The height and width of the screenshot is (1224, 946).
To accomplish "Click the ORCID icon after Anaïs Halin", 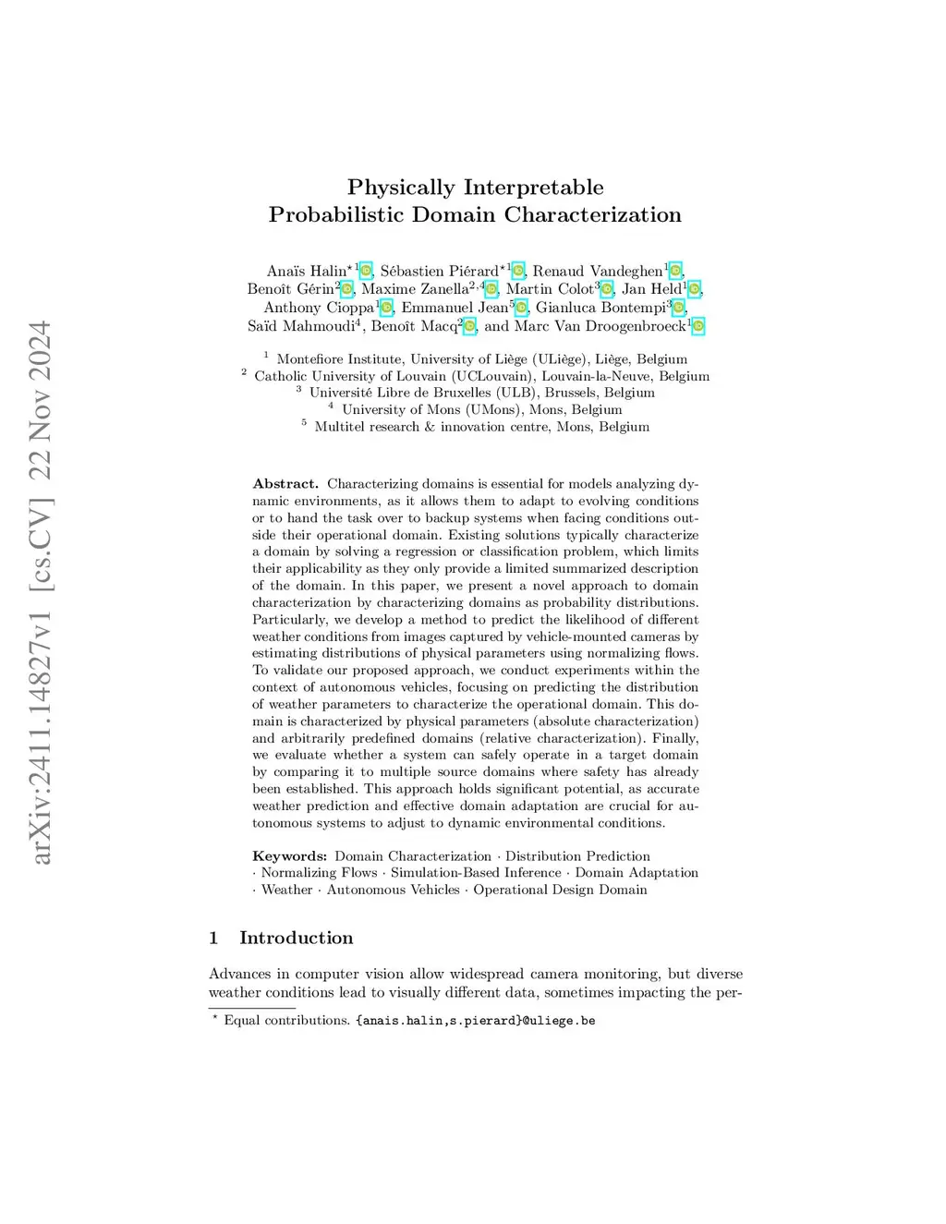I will click(x=366, y=271).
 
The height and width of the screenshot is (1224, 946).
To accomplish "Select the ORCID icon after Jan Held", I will click(x=694, y=289).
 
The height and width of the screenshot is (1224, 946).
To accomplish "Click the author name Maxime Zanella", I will click(x=415, y=289).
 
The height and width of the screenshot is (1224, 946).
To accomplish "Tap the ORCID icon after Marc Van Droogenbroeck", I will click(x=698, y=326).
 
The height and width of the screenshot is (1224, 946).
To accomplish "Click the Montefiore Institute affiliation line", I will click(x=481, y=359).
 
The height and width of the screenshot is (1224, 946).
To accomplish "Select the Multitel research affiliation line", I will click(x=481, y=427).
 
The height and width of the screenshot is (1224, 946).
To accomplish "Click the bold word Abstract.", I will click(x=285, y=484).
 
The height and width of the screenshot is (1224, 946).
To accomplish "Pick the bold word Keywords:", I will click(x=289, y=856).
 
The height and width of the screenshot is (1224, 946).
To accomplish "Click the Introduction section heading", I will click(x=296, y=939).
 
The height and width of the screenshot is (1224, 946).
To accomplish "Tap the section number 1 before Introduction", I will click(x=213, y=939).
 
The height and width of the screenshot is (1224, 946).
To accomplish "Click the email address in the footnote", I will click(x=475, y=1021).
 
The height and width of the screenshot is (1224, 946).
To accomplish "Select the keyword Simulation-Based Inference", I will click(x=476, y=873).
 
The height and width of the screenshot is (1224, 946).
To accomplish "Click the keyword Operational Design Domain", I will click(x=560, y=890).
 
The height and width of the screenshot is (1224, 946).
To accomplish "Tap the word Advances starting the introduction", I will click(x=240, y=974).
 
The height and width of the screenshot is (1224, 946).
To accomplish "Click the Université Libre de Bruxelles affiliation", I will click(x=481, y=393).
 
